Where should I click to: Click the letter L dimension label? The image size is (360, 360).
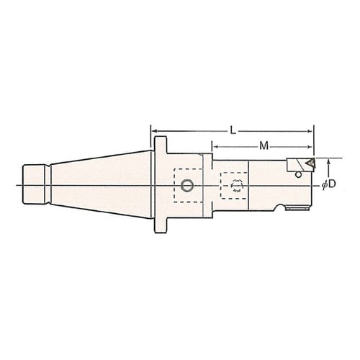tap(233, 131)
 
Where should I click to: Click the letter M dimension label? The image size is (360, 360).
tap(264, 146)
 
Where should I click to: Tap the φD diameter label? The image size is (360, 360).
tap(328, 184)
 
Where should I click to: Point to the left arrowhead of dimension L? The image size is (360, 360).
tap(154, 131)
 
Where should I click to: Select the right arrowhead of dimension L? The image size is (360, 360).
tap(310, 131)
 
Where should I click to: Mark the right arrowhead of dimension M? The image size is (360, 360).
tap(310, 147)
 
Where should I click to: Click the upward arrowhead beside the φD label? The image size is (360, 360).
tap(329, 161)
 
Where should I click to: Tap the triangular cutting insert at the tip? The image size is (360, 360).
tap(310, 163)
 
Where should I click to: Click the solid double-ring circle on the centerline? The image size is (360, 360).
tap(187, 186)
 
